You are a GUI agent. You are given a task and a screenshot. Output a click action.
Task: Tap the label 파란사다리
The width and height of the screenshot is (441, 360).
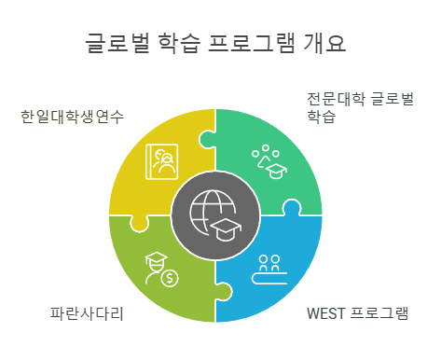click(x=87, y=313)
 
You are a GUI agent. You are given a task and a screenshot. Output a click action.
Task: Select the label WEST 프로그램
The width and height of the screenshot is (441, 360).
click(x=357, y=312)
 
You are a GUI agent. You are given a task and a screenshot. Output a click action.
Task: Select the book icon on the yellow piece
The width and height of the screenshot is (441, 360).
click(x=161, y=160)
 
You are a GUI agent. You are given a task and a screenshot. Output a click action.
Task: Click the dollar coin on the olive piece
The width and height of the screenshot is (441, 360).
click(x=170, y=276)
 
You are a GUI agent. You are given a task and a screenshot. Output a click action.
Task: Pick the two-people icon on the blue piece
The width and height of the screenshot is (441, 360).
click(x=270, y=262)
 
